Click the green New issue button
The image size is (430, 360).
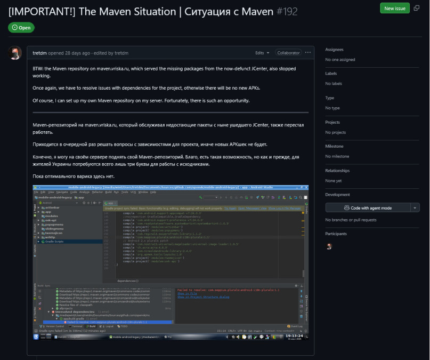(394, 8)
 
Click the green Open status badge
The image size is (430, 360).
(21, 28)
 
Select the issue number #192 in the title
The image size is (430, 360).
(287, 11)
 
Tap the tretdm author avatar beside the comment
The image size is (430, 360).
(16, 53)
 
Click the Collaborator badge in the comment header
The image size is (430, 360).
(288, 53)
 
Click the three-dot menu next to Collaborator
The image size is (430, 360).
(308, 53)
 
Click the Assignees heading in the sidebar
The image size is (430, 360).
(334, 49)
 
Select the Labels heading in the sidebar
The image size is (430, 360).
(331, 74)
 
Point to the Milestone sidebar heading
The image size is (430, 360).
(334, 146)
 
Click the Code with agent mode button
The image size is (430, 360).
(367, 207)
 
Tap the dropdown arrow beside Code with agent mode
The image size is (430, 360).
(415, 207)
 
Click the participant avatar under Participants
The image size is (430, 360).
(329, 246)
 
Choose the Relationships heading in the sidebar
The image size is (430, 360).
(338, 171)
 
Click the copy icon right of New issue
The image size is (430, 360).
(416, 8)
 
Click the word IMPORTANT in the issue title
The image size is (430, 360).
(39, 11)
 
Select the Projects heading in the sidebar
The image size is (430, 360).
(332, 122)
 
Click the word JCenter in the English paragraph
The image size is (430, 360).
(255, 69)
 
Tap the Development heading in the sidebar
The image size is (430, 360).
(337, 195)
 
